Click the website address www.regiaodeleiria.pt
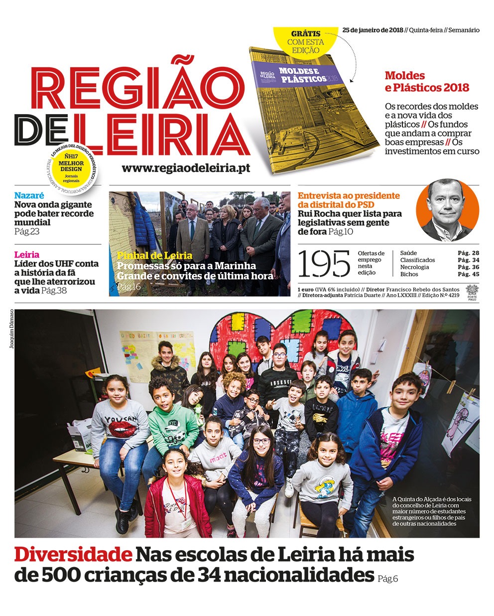point(185,168)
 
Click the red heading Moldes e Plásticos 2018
point(427,82)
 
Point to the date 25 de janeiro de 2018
point(372,30)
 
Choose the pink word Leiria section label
point(26,255)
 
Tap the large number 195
point(324,264)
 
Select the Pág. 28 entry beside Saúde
point(468,253)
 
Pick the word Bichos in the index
point(409,274)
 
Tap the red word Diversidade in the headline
point(73,555)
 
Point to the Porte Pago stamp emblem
point(472,292)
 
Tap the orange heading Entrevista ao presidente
point(349,196)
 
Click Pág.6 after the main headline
point(387,579)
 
